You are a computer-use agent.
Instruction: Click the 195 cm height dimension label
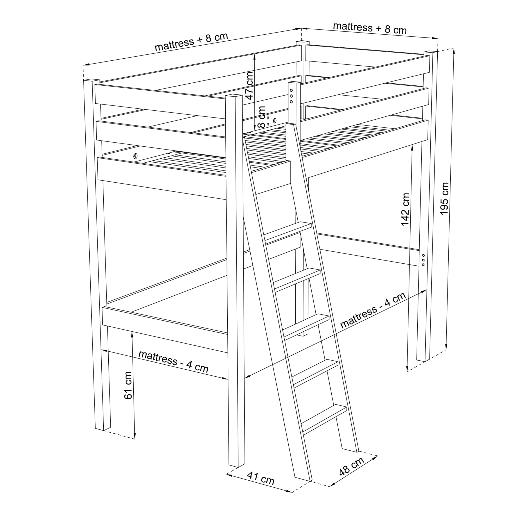click(x=444, y=199)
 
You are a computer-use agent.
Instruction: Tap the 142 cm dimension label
click(x=405, y=209)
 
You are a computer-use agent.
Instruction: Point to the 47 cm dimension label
click(x=249, y=86)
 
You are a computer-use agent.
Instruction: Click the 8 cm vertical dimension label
click(x=261, y=117)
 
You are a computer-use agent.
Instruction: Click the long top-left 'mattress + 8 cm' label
click(x=191, y=42)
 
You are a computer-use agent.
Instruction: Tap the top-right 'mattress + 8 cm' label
click(x=370, y=28)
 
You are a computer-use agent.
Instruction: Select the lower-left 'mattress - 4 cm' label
click(x=173, y=361)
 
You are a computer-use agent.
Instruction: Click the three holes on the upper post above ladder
click(x=291, y=96)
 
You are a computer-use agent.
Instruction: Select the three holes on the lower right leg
click(x=423, y=260)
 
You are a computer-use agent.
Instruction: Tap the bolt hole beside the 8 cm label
click(x=275, y=120)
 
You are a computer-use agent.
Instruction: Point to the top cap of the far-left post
click(x=92, y=80)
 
